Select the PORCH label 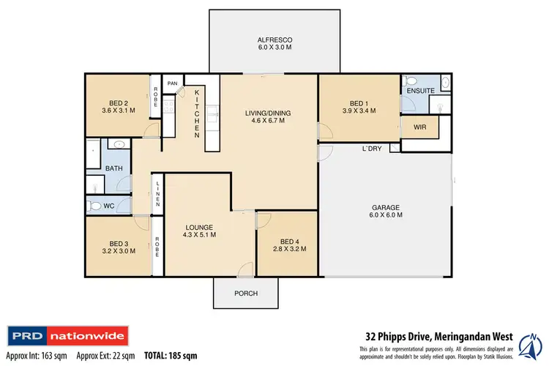(236, 294)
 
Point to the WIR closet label (419, 127)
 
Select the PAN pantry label (173, 83)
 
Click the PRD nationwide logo (67, 337)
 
